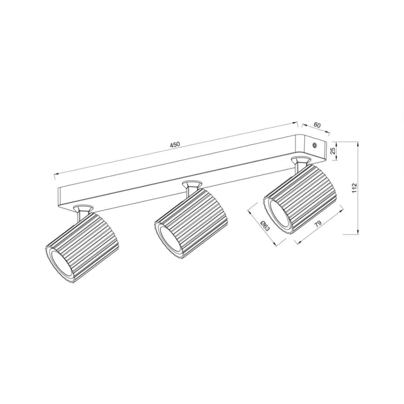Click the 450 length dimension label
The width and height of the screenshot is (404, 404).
(x=174, y=145)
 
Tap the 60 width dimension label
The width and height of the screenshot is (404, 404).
(x=317, y=125)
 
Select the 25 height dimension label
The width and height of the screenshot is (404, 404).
(x=333, y=150)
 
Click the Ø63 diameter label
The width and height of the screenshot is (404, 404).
(x=264, y=226)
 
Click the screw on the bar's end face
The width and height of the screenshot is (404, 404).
(x=316, y=145)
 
